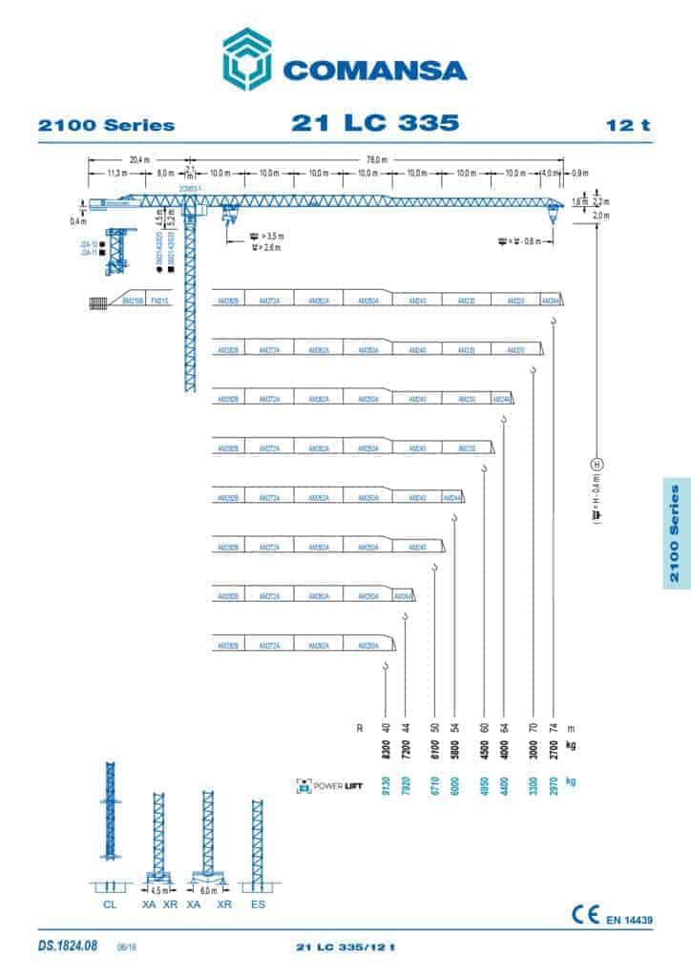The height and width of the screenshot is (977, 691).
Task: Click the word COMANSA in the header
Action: click(373, 72)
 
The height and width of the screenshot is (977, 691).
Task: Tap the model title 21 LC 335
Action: click(374, 123)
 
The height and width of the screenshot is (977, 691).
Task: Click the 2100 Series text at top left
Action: click(106, 125)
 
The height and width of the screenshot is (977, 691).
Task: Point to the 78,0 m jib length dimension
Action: click(374, 158)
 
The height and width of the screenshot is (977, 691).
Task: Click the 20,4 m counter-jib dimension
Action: click(137, 158)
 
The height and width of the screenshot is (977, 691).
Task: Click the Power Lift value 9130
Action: click(386, 786)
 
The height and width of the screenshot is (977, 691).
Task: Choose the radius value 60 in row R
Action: click(485, 727)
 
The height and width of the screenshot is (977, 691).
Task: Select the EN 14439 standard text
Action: click(629, 920)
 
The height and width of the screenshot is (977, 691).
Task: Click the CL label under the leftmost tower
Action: click(110, 903)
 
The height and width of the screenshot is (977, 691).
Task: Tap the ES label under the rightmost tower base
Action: click(258, 903)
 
